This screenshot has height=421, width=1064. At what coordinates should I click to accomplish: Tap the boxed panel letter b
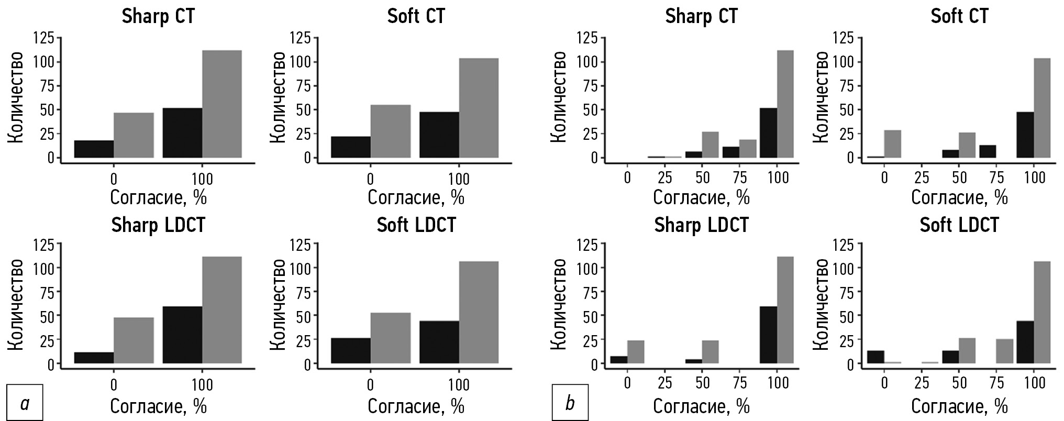(570, 404)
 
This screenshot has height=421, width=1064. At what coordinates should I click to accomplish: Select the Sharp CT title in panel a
(158, 16)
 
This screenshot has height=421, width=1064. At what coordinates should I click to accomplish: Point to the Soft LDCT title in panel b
(959, 225)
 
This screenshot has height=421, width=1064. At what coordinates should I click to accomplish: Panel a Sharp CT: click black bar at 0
(94, 149)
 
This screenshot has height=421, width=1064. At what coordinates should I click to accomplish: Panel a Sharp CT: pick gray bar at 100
(222, 104)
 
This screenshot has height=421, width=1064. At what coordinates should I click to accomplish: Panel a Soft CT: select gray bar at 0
(391, 131)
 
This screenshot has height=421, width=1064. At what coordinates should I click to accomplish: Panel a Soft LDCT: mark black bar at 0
(351, 351)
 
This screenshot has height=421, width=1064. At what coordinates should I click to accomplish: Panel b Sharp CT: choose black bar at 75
(731, 152)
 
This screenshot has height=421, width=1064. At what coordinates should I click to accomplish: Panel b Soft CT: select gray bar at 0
(893, 144)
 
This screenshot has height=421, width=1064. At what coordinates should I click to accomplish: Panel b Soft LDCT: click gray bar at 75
(1004, 351)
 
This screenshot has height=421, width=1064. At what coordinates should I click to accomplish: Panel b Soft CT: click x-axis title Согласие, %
(959, 197)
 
